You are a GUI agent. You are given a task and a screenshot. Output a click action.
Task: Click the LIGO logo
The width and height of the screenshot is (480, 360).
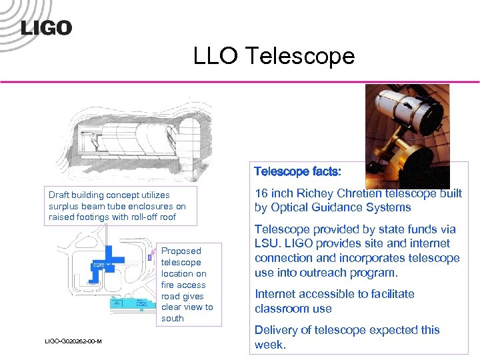[x=46, y=27]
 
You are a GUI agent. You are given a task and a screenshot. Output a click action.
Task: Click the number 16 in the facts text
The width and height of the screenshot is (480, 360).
[x=262, y=193]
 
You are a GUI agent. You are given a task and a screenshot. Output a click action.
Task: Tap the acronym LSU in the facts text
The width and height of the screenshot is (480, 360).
[x=267, y=243]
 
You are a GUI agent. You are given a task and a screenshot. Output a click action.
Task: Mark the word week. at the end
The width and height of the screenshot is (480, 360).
[x=270, y=345]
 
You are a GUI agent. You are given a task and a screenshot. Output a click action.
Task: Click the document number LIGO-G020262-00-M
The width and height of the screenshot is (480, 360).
[x=73, y=341]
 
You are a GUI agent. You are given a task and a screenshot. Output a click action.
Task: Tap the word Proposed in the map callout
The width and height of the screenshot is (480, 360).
[x=181, y=251]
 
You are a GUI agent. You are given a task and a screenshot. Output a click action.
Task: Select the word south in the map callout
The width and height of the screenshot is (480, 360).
[x=173, y=319]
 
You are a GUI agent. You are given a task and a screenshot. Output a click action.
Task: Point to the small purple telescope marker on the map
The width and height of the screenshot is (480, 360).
[x=150, y=257]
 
